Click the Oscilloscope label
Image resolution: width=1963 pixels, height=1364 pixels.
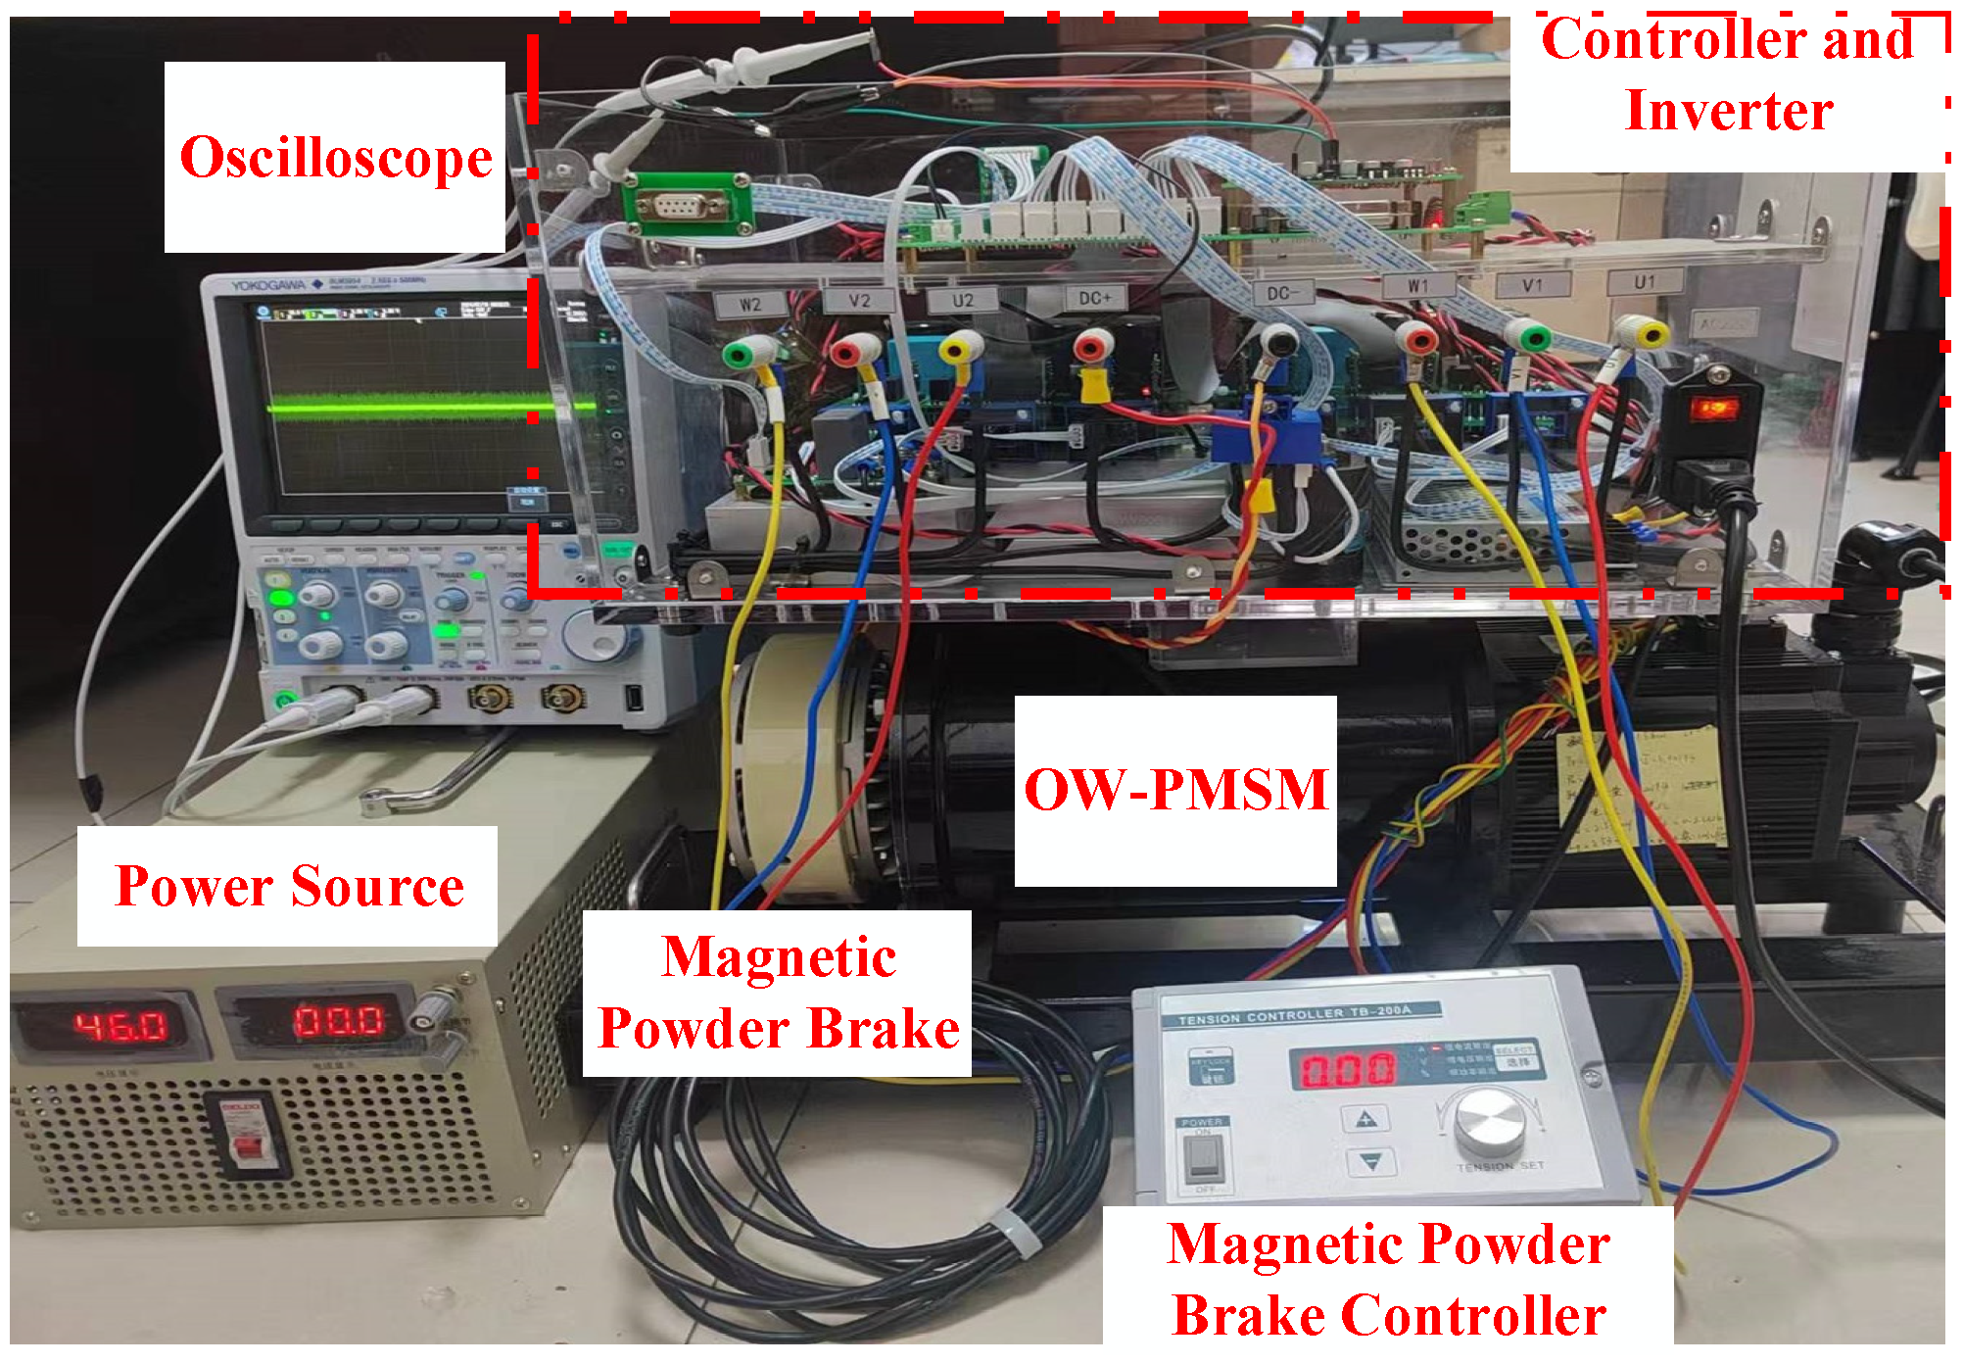[335, 158]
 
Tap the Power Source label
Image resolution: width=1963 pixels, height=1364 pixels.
[289, 886]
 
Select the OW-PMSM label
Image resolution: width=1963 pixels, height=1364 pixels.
[1174, 790]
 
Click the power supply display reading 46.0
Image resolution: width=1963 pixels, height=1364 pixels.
[120, 1025]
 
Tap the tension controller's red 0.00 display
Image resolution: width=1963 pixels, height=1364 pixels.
[1347, 1069]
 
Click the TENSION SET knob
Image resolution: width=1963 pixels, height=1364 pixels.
[1489, 1120]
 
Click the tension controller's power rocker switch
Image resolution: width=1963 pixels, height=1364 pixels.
[1201, 1160]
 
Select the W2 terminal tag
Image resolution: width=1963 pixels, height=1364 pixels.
[750, 305]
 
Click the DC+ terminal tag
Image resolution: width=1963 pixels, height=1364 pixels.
[1095, 298]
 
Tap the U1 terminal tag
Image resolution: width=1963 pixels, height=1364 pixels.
[1645, 282]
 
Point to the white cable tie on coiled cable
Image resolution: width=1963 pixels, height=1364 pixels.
[1015, 1232]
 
